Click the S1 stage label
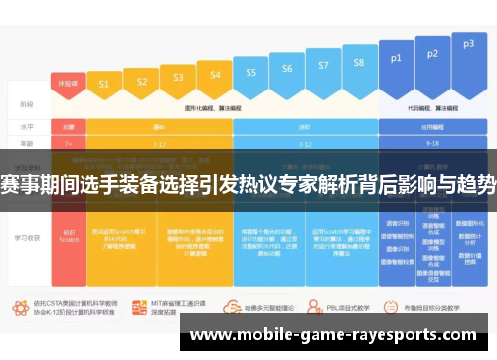click(x=103, y=87)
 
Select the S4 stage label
click(x=210, y=73)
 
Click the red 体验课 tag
click(x=67, y=83)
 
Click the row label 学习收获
click(x=27, y=239)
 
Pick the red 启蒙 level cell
click(x=69, y=127)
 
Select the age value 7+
click(x=68, y=142)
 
